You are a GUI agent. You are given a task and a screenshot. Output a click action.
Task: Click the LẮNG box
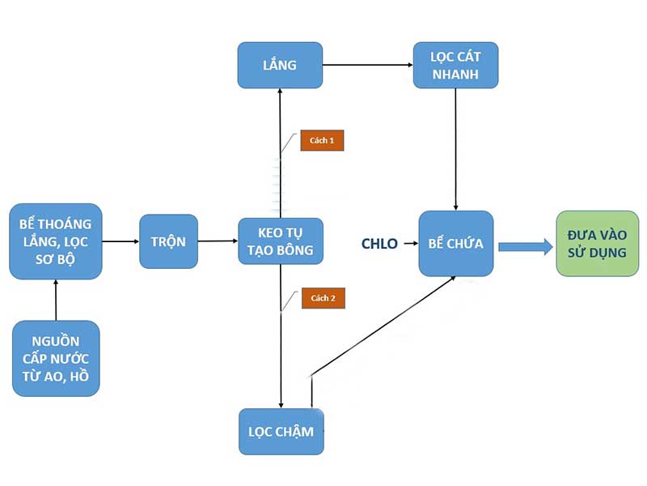pos(280,65)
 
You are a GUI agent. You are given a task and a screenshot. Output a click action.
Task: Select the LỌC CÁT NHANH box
pos(455,65)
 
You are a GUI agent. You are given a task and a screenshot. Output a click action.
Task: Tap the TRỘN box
pos(168,241)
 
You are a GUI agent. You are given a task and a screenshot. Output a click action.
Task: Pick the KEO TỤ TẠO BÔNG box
pos(281,241)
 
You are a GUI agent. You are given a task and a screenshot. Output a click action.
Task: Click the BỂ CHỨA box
pos(456,243)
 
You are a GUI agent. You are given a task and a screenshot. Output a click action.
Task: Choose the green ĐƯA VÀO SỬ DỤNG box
pos(597,243)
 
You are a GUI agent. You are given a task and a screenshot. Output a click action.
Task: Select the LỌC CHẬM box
pos(281,431)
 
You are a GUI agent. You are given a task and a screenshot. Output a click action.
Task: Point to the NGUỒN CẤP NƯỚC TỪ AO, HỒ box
pos(56,358)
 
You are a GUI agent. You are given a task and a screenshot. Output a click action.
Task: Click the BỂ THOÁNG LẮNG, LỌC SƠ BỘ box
pos(56,241)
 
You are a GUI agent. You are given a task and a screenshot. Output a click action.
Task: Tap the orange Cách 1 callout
pos(323,140)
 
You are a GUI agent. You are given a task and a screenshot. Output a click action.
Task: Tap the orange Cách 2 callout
pos(323,298)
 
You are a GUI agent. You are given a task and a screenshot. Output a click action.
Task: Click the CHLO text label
pos(379,243)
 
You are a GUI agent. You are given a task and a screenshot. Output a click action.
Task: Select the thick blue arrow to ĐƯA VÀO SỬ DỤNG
pos(525,245)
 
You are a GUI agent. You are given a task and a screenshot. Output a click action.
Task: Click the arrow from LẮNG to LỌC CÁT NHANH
pos(367,65)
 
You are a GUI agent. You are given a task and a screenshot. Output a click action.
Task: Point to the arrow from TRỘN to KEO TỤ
pos(218,241)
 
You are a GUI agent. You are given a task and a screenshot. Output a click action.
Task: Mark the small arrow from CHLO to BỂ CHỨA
pos(408,243)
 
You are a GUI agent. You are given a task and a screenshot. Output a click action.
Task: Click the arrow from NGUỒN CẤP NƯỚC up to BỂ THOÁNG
pos(56,299)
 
